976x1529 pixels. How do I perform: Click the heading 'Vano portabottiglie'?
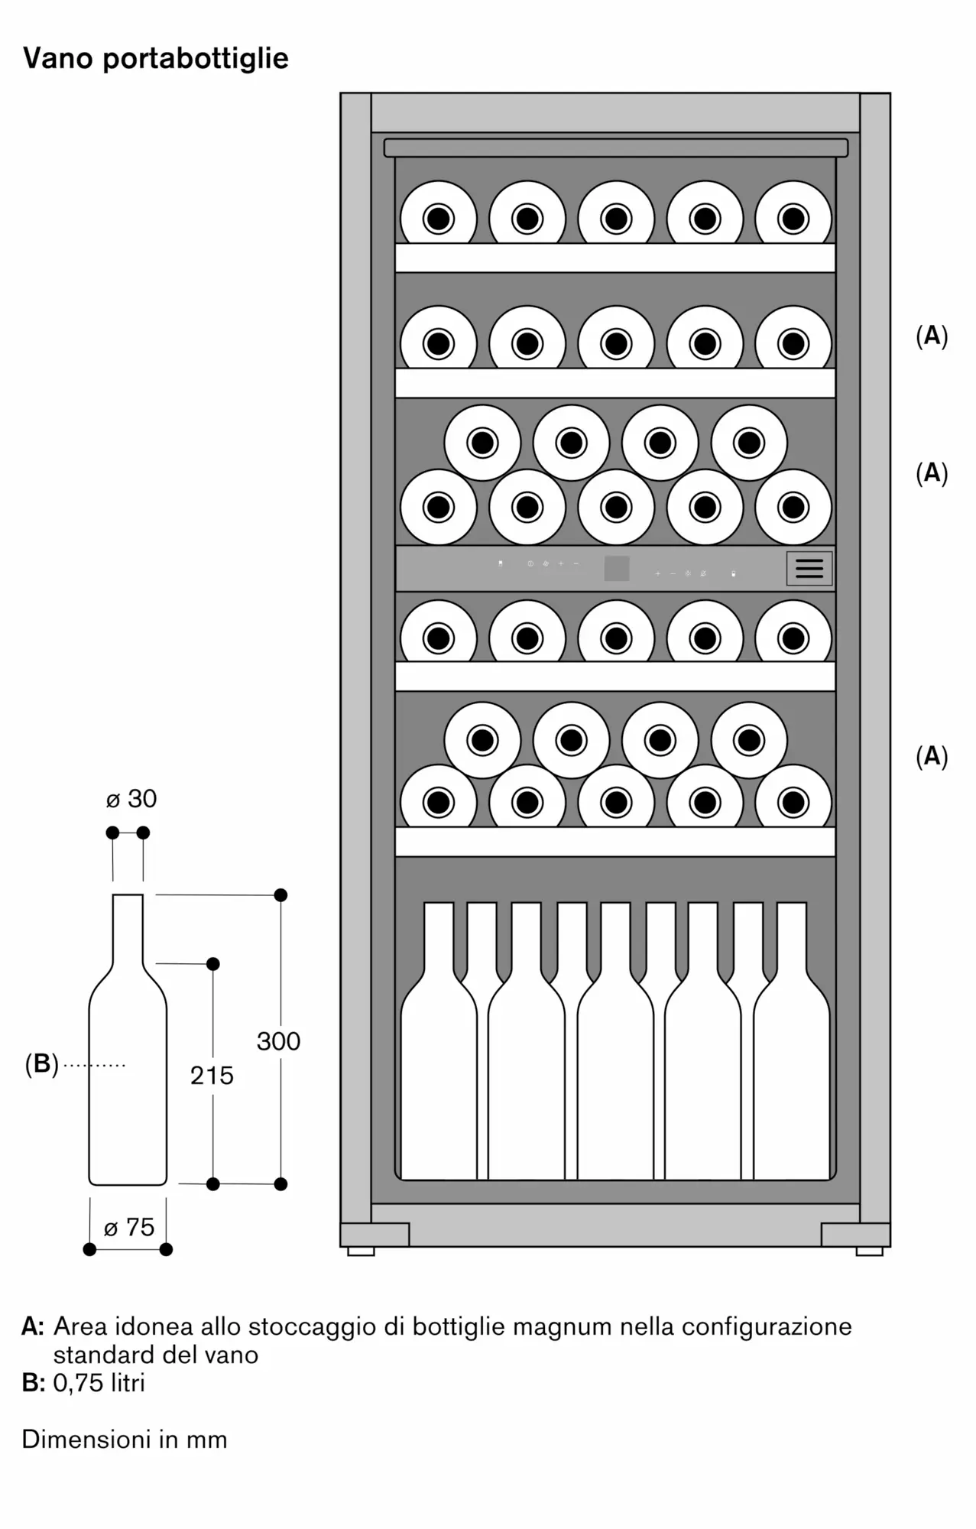click(156, 58)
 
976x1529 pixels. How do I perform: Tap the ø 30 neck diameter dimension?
click(131, 799)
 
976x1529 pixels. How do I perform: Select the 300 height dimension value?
click(278, 1041)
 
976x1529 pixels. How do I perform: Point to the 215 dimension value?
click(212, 1076)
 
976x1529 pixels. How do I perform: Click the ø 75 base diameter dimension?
click(129, 1227)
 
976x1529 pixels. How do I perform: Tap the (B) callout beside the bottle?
click(42, 1064)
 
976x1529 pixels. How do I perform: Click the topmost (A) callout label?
click(932, 336)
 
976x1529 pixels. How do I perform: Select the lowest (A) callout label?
click(932, 756)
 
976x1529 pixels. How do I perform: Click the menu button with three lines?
click(809, 568)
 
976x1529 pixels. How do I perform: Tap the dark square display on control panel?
click(617, 568)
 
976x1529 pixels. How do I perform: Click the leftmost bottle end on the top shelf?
click(439, 219)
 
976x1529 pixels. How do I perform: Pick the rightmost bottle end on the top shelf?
click(793, 219)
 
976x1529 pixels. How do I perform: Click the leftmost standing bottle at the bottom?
click(439, 1070)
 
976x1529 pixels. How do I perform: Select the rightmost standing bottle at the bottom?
click(792, 1070)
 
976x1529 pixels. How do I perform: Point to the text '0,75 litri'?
click(99, 1383)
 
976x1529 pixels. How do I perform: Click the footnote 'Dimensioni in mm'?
click(125, 1440)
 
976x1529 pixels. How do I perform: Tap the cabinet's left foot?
click(361, 1251)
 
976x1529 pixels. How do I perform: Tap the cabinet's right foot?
click(870, 1251)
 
